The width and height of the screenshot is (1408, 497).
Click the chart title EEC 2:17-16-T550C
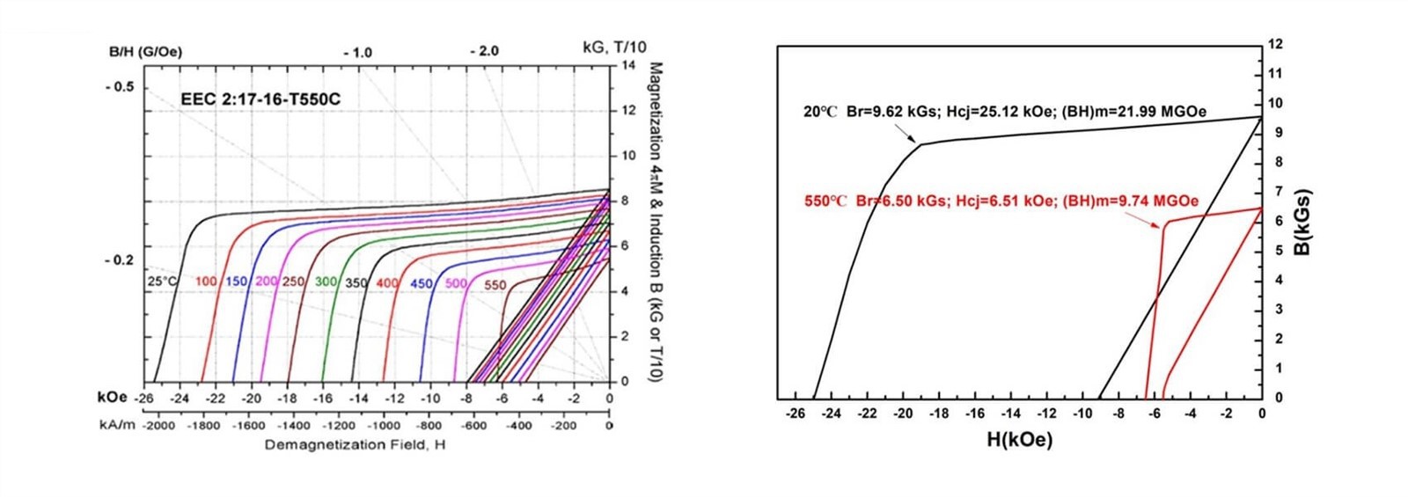coord(260,99)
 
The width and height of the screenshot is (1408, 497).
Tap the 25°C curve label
coord(163,281)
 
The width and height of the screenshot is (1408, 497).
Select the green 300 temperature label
coord(326,281)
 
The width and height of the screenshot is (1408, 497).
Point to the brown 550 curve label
coord(495,285)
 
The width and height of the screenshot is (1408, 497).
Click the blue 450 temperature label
coord(422,283)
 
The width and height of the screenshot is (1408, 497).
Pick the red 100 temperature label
coord(206,281)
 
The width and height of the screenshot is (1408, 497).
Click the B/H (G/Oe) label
coord(145,52)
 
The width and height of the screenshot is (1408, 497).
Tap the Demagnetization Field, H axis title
coord(355,444)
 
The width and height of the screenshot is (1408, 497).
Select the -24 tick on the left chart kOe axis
coord(179,398)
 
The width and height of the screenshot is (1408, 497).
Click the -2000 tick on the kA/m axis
coord(159,426)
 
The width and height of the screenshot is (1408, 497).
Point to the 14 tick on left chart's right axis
coord(628,66)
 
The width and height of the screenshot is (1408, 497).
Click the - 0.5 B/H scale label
coord(120,87)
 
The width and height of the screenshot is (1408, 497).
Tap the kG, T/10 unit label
coord(614,47)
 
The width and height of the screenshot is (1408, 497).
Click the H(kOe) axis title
coord(1019,439)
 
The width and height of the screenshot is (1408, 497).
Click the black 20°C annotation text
coord(1004,112)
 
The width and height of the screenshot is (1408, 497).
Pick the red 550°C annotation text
coord(1001,201)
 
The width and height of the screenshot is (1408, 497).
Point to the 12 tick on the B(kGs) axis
coord(1276,44)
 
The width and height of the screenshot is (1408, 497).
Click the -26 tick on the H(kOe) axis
coord(796,413)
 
